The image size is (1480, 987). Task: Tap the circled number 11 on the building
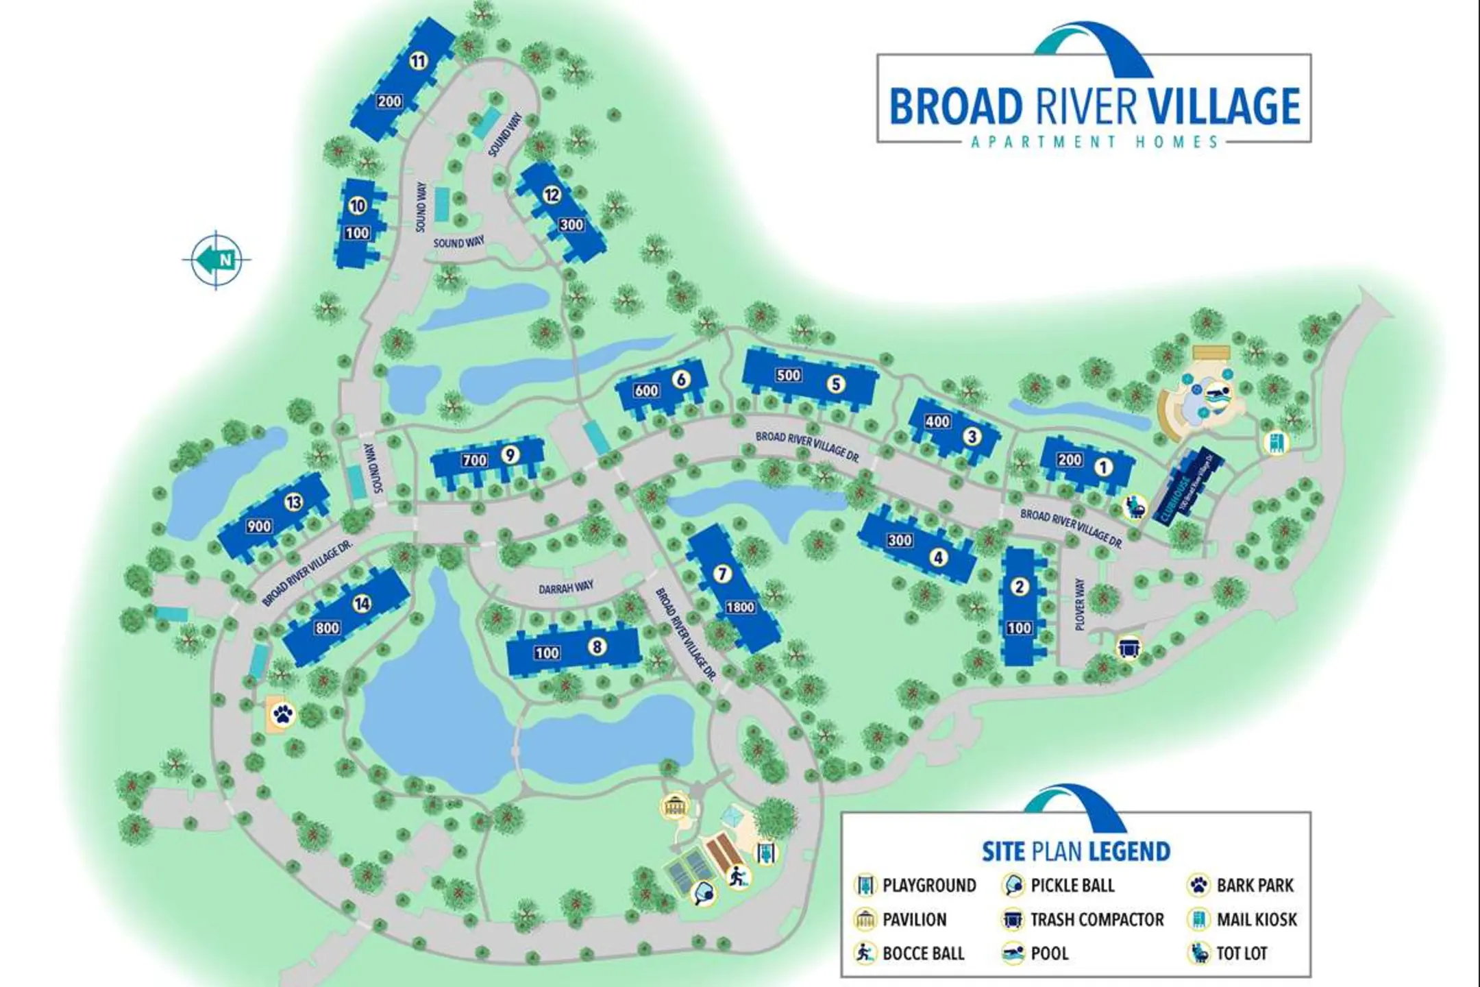pyautogui.click(x=418, y=61)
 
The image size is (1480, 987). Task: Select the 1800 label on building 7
pyautogui.click(x=740, y=607)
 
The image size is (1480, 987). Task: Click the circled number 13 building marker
pyautogui.click(x=294, y=502)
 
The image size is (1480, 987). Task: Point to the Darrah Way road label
pyautogui.click(x=566, y=588)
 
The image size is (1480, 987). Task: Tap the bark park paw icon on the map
pyautogui.click(x=283, y=715)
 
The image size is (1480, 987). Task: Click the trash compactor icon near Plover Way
pyautogui.click(x=1128, y=647)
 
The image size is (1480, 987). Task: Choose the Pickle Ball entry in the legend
pyautogui.click(x=1072, y=886)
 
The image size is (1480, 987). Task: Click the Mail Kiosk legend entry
pyautogui.click(x=1256, y=919)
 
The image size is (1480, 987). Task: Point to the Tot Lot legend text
pyautogui.click(x=1241, y=953)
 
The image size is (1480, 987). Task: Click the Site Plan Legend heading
pyautogui.click(x=1076, y=851)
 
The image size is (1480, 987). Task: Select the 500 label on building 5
pyautogui.click(x=788, y=375)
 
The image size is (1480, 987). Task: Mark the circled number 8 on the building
pyautogui.click(x=597, y=646)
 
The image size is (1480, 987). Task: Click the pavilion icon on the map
pyautogui.click(x=674, y=806)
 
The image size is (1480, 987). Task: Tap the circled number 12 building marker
pyautogui.click(x=552, y=195)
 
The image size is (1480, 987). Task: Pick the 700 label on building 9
pyautogui.click(x=474, y=461)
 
